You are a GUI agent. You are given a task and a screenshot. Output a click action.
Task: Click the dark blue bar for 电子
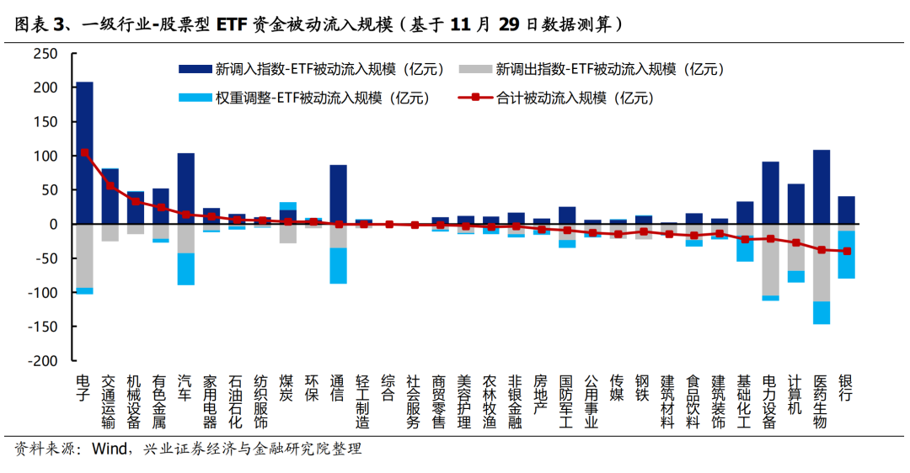pos(84,152)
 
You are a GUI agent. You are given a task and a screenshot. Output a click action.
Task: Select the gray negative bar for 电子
pos(84,256)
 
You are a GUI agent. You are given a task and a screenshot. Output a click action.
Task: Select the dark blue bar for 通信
pos(338,194)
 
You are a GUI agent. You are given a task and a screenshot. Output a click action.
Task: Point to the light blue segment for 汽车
pos(185,268)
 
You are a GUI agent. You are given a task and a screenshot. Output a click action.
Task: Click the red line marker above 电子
pos(84,153)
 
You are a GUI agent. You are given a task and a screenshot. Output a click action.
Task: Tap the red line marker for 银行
pos(846,251)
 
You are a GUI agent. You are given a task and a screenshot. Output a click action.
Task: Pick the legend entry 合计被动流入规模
pos(573,98)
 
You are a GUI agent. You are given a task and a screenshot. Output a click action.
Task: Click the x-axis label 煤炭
pos(287,386)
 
